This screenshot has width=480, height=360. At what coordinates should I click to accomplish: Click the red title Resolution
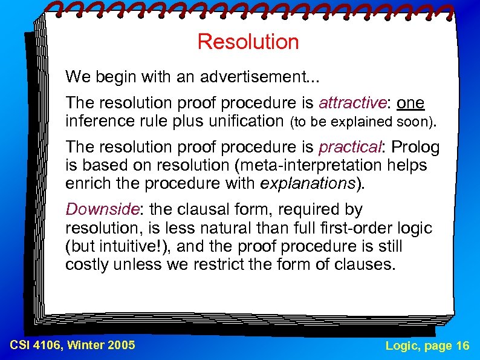point(248,42)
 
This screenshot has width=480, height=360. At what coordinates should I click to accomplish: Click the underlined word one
point(410,103)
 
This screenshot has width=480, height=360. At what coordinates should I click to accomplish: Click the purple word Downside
point(102,210)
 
